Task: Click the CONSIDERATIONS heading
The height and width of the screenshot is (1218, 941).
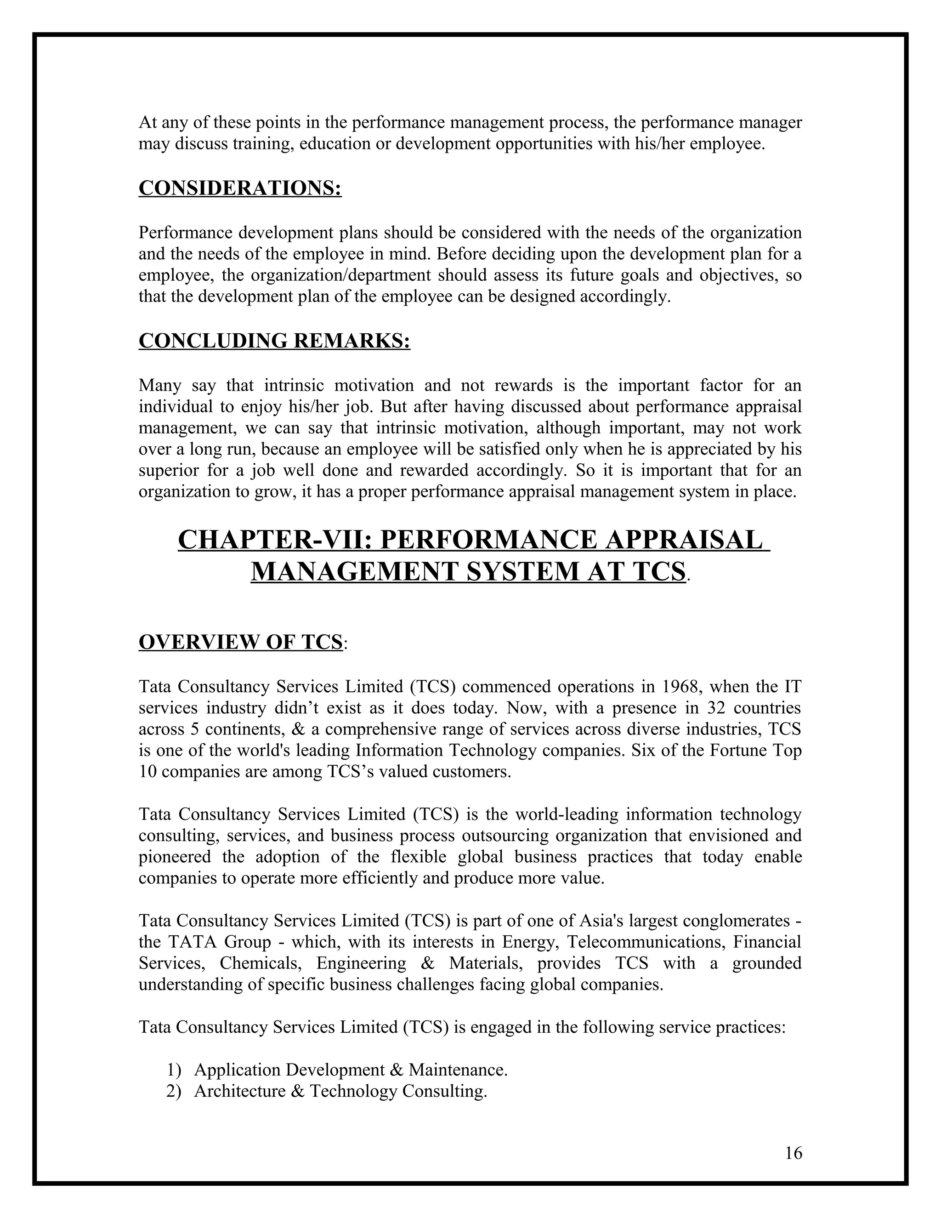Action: pyautogui.click(x=240, y=188)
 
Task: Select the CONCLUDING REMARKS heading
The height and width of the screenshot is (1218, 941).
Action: pyautogui.click(x=274, y=341)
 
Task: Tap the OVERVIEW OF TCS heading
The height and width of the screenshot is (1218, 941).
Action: pyautogui.click(x=240, y=642)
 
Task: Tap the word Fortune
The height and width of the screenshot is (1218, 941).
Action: pyautogui.click(x=737, y=750)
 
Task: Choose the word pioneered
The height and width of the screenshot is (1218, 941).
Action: pyautogui.click(x=175, y=857)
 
